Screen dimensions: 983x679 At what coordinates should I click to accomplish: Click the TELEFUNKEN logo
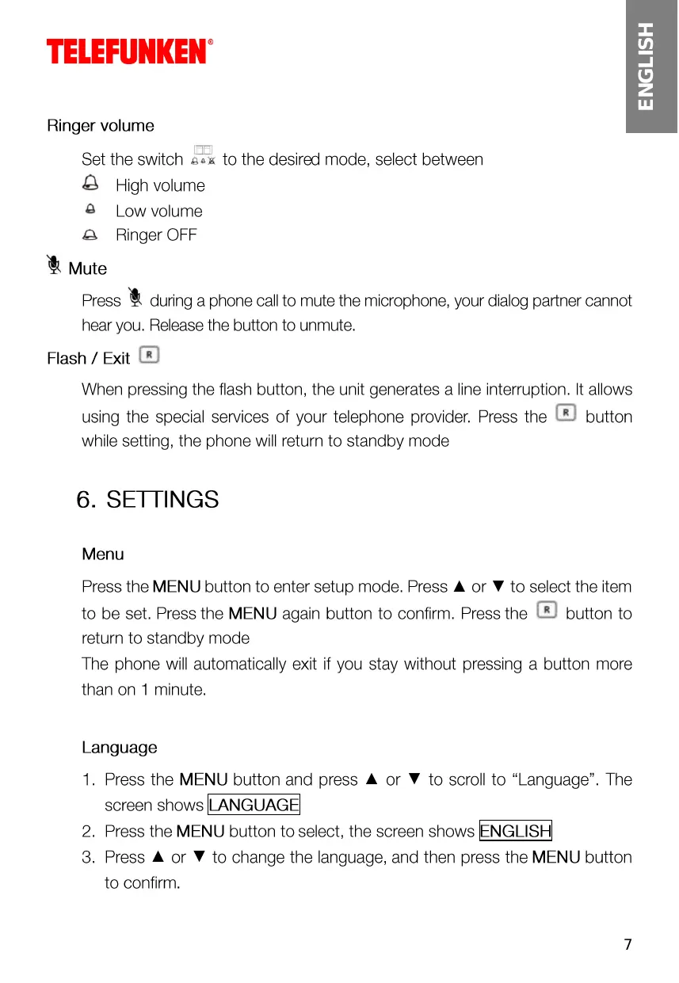(x=129, y=51)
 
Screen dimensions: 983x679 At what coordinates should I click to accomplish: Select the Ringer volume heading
(x=101, y=125)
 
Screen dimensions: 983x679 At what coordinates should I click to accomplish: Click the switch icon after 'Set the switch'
(x=204, y=155)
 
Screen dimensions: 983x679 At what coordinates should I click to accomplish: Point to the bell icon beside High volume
(x=91, y=184)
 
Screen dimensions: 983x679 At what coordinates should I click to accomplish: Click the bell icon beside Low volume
(x=91, y=210)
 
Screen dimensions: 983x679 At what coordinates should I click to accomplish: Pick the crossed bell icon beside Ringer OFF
(x=91, y=234)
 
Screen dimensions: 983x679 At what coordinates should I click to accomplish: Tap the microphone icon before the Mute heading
(x=55, y=265)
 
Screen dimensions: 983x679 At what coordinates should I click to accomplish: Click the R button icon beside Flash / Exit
(x=148, y=356)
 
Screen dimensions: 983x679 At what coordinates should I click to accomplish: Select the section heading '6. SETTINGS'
(x=147, y=500)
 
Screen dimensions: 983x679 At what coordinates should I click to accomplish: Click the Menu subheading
(x=103, y=554)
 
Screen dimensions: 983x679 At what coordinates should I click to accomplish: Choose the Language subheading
(x=120, y=747)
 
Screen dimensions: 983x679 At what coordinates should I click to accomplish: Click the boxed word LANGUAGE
(x=254, y=805)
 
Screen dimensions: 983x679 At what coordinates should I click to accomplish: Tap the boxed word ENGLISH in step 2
(x=516, y=831)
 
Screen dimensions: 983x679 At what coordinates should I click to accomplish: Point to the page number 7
(x=628, y=944)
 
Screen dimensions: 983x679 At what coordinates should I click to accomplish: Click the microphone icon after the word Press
(x=135, y=298)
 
